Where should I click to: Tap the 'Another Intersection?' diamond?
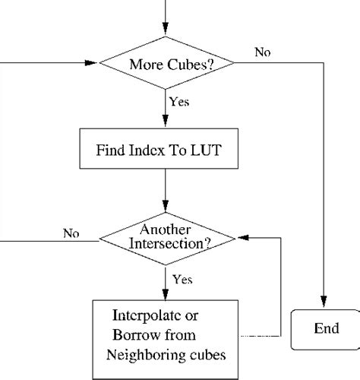click(166, 239)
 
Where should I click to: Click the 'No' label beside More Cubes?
click(262, 52)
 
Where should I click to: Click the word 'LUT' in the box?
click(206, 150)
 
